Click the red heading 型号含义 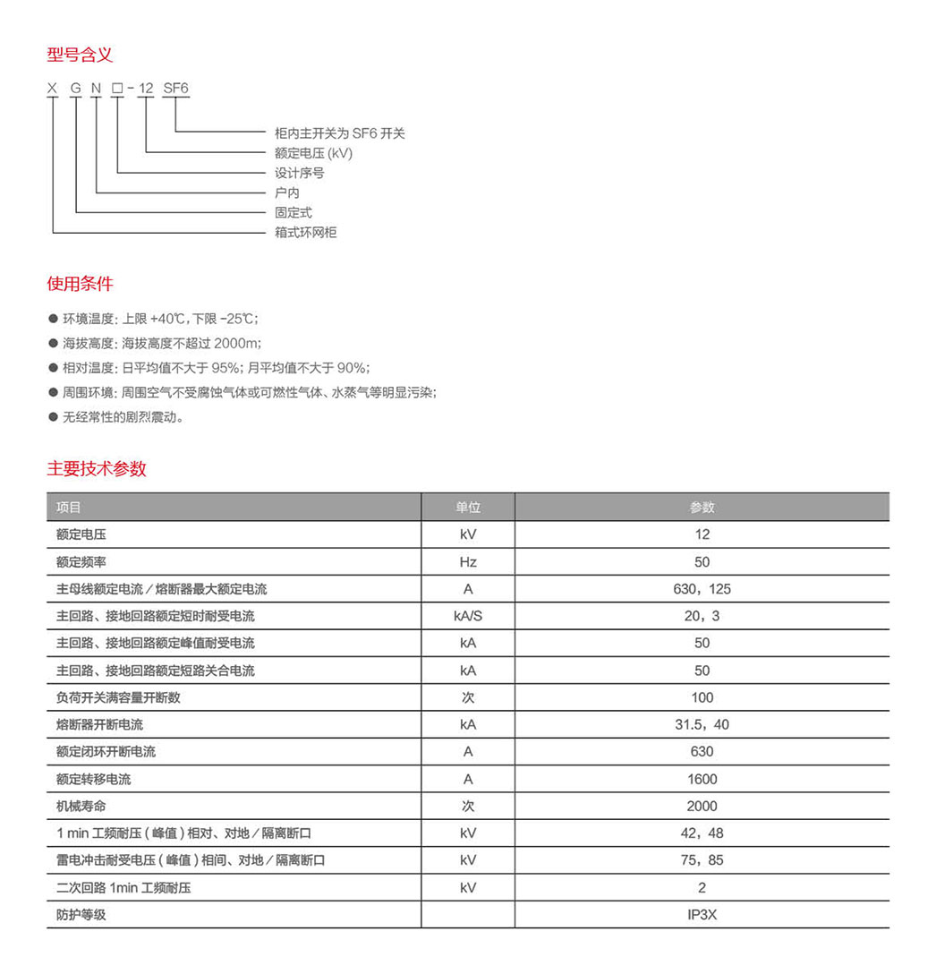tap(80, 55)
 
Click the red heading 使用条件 tap(80, 284)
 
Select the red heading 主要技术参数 tap(97, 468)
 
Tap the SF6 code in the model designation tap(175, 89)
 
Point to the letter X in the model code tap(53, 89)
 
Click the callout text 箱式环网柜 tap(305, 233)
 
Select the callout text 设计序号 tap(299, 173)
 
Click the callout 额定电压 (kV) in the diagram tap(313, 153)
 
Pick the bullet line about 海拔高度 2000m tap(161, 343)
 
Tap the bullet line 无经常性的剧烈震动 tap(123, 416)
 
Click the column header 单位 tap(468, 508)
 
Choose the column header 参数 tap(702, 508)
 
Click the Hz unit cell tap(468, 562)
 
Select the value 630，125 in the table tap(702, 589)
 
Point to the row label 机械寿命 tap(81, 806)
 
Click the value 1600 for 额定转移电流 tap(702, 779)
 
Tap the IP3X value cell tap(702, 915)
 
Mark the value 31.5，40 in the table tap(702, 724)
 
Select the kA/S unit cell tap(468, 616)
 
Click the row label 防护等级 tap(81, 915)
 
